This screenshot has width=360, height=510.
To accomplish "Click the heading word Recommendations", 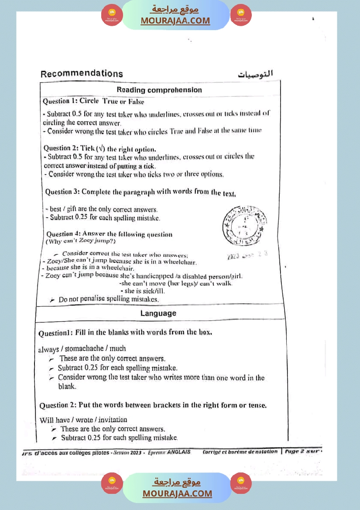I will click(x=82, y=74).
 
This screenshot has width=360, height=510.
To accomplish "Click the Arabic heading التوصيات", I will click(x=255, y=74).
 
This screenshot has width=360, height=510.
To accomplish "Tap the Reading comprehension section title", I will click(x=159, y=90).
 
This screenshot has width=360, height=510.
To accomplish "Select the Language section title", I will click(x=158, y=313).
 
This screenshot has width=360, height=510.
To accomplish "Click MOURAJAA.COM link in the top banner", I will click(x=175, y=21).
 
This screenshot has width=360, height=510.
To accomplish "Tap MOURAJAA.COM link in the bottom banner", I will click(x=177, y=493).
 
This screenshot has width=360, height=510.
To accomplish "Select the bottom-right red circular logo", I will click(x=240, y=483).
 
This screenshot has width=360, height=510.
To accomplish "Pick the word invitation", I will click(x=111, y=420).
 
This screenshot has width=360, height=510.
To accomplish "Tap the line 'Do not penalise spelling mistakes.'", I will click(x=109, y=299).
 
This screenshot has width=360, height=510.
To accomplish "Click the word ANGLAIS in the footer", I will click(x=179, y=452).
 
